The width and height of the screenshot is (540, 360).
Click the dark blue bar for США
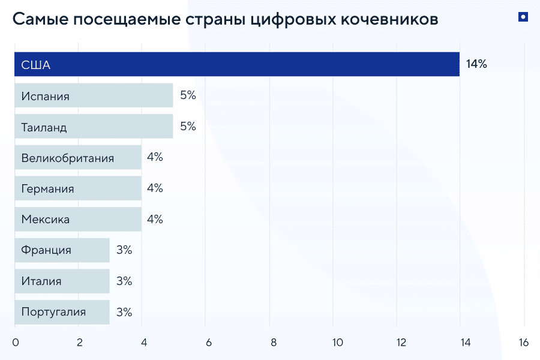tap(237, 64)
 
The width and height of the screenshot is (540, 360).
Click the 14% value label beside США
tap(476, 64)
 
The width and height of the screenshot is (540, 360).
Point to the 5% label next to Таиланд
tap(188, 126)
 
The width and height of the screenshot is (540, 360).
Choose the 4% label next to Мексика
tap(155, 219)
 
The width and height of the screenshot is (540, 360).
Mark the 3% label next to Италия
tap(124, 281)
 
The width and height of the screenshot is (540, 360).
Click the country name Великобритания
tap(67, 158)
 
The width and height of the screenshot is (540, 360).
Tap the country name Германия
tap(47, 189)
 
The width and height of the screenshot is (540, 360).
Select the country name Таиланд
tap(44, 127)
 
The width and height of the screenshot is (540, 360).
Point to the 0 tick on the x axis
tap(16, 343)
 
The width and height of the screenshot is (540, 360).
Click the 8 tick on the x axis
tap(273, 343)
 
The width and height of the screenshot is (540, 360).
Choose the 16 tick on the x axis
tap(524, 343)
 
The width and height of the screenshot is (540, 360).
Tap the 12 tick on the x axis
tap(401, 343)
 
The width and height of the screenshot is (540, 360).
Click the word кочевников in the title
tap(389, 19)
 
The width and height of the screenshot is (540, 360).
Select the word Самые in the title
tap(40, 19)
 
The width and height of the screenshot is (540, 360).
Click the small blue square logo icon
tap(523, 17)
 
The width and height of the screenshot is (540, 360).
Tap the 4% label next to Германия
tap(155, 188)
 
